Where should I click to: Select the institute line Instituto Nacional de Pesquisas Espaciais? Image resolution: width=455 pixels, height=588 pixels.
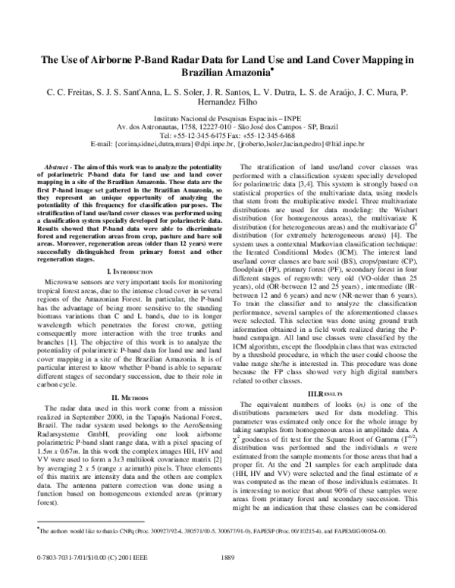[227, 120]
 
